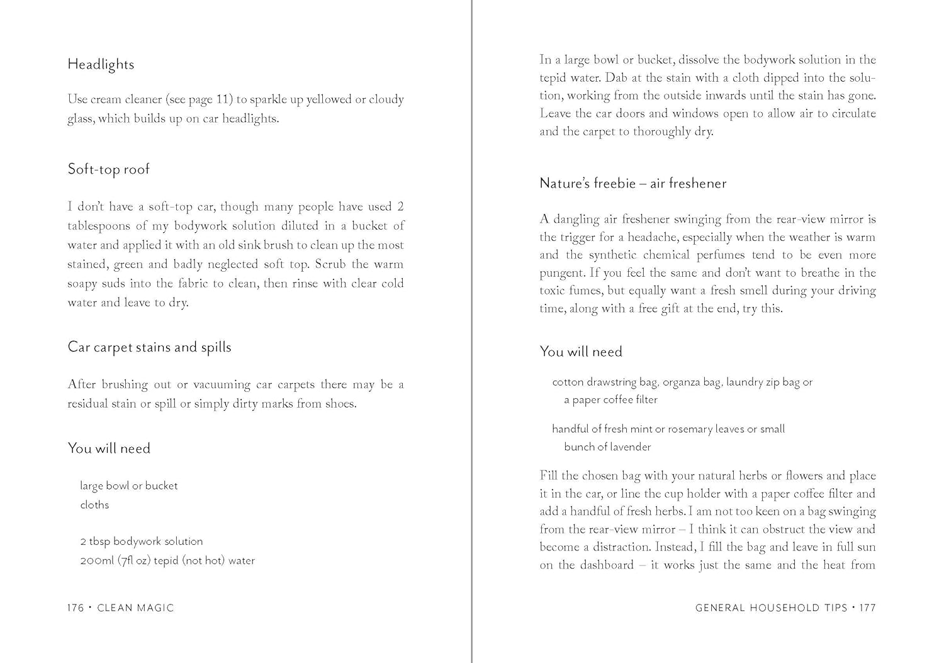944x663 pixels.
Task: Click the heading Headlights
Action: point(101,64)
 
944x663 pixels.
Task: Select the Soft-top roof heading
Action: point(108,169)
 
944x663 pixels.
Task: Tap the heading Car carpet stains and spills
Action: point(149,347)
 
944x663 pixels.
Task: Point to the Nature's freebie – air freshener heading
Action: point(632,184)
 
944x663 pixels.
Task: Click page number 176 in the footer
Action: point(76,608)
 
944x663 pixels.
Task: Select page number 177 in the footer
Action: point(868,608)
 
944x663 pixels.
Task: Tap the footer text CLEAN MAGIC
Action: point(135,608)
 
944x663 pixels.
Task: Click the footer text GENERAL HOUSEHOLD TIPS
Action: point(771,608)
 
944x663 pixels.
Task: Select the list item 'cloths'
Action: point(94,504)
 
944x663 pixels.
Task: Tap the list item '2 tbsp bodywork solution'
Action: point(141,541)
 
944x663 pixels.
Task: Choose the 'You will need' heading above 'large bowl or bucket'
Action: point(109,448)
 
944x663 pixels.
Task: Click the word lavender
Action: point(630,447)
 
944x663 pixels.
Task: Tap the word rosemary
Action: point(690,429)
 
